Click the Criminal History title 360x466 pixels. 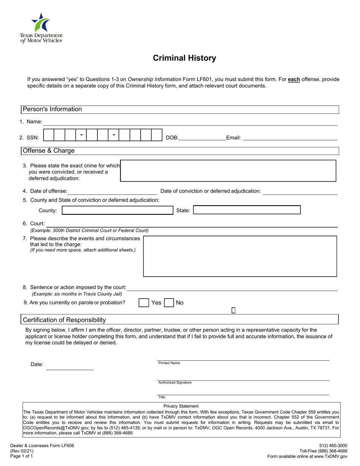click(x=185, y=58)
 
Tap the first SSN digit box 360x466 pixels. click(x=49, y=135)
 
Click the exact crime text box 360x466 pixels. click(x=228, y=171)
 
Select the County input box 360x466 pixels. click(x=117, y=210)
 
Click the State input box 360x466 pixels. click(x=247, y=210)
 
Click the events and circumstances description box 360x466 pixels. click(x=240, y=256)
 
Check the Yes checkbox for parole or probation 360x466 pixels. click(x=144, y=303)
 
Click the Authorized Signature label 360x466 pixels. click(x=175, y=383)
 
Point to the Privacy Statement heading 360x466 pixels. click(x=181, y=406)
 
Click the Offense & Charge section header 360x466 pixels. click(x=49, y=151)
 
